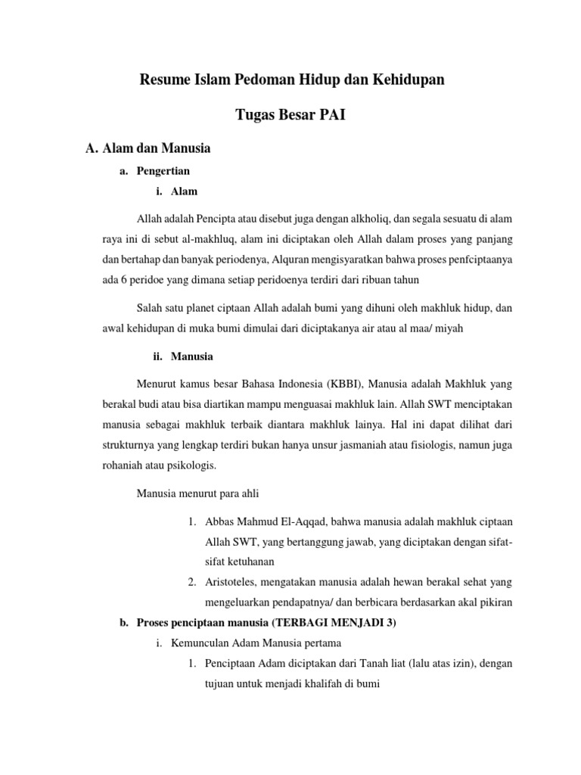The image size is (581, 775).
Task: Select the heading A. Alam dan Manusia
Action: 148,148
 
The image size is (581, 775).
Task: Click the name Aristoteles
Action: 234,582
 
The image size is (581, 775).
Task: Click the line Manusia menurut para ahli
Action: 197,493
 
